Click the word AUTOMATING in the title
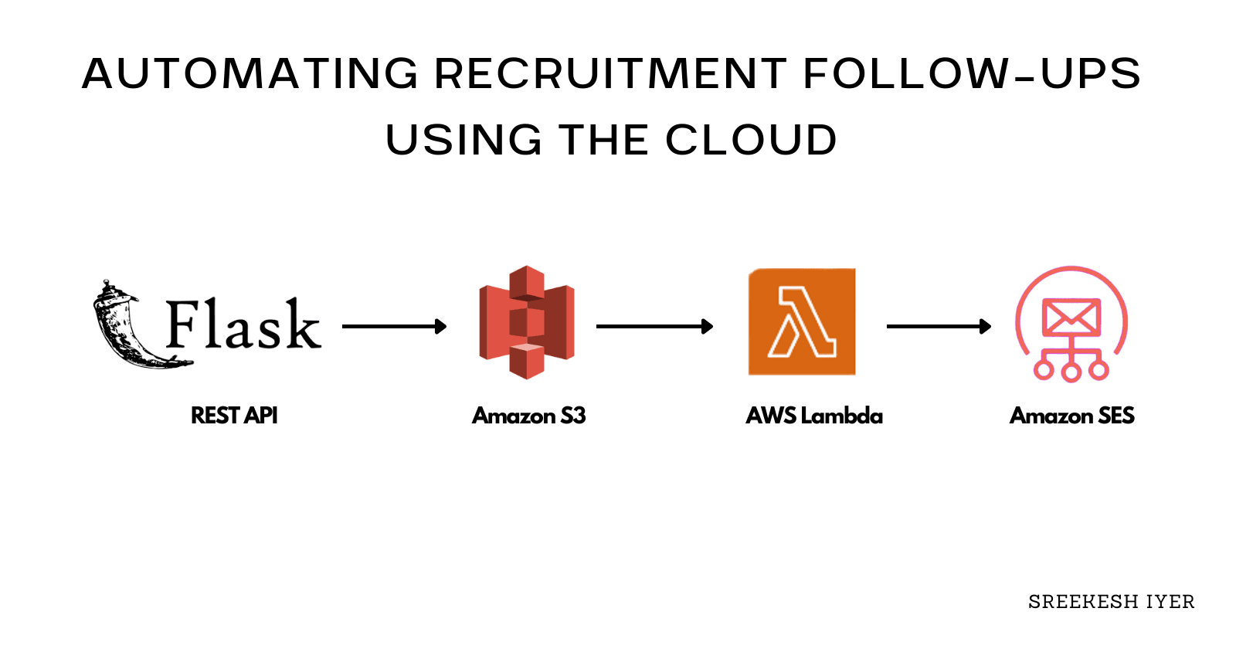[x=250, y=74]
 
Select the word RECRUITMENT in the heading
[x=610, y=74]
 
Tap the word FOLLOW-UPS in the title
[x=972, y=74]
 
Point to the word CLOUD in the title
[x=751, y=141]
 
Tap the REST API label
[x=234, y=416]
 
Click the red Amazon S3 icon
[x=527, y=322]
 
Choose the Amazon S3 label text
[x=529, y=416]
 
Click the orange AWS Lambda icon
[x=802, y=321]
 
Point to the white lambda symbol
[x=802, y=323]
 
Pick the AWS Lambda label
[x=814, y=416]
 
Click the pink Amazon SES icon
[x=1071, y=324]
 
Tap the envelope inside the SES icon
[x=1071, y=316]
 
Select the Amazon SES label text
[x=1072, y=416]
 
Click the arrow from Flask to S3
[x=394, y=327]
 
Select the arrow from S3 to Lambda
[x=654, y=327]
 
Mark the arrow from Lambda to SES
[x=938, y=327]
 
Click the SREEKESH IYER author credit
[x=1111, y=602]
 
